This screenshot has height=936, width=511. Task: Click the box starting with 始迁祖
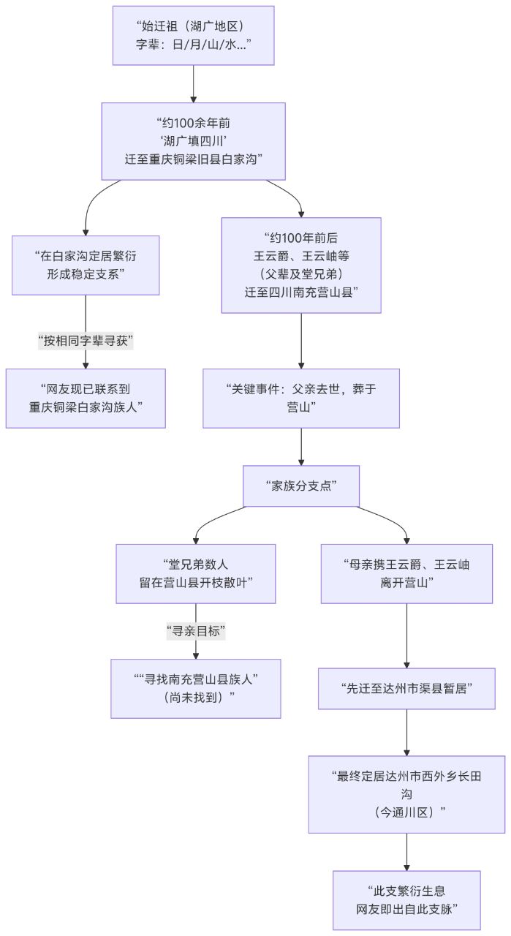point(193,35)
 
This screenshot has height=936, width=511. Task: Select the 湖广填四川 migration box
point(193,140)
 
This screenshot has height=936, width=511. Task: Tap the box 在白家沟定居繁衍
point(86,265)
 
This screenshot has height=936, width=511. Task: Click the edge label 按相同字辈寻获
point(86,340)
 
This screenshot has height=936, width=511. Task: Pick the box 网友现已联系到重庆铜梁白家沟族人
point(86,398)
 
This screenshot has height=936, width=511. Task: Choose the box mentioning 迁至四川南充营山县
point(301,265)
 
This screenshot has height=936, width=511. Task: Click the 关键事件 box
point(301,398)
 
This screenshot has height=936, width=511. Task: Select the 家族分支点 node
point(301,486)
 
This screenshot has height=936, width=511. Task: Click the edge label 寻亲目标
point(196,630)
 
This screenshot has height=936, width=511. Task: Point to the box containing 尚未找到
point(196,688)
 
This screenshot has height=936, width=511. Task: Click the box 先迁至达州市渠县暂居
point(406,688)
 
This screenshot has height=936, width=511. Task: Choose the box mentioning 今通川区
point(406,793)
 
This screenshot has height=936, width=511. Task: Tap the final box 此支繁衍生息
point(406,899)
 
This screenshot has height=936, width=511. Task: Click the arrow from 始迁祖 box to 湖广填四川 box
point(193,83)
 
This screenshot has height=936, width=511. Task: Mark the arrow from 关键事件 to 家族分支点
point(301,446)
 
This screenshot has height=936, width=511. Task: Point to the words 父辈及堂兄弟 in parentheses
point(301,273)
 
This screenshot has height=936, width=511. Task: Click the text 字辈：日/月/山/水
point(193,43)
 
